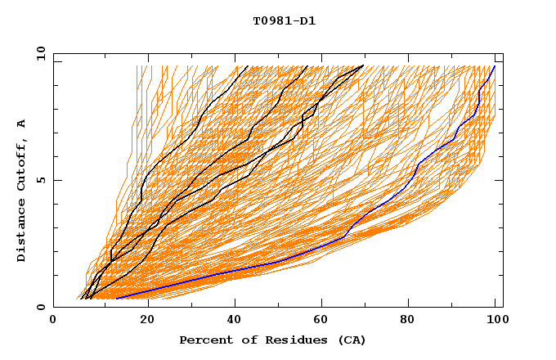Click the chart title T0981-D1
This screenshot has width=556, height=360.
coord(284,21)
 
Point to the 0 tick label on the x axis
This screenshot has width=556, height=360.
coord(53,321)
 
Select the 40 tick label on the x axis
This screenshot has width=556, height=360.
coord(236,321)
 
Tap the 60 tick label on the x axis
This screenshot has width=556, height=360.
coord(325,321)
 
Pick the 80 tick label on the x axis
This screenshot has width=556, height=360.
coord(413,321)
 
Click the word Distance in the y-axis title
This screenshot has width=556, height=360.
coord(22,234)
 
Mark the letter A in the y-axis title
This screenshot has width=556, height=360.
coord(22,124)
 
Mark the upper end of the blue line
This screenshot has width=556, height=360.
coord(494,66)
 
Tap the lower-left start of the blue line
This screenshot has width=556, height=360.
coord(117,299)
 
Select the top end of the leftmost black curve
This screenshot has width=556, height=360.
coord(247,65)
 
